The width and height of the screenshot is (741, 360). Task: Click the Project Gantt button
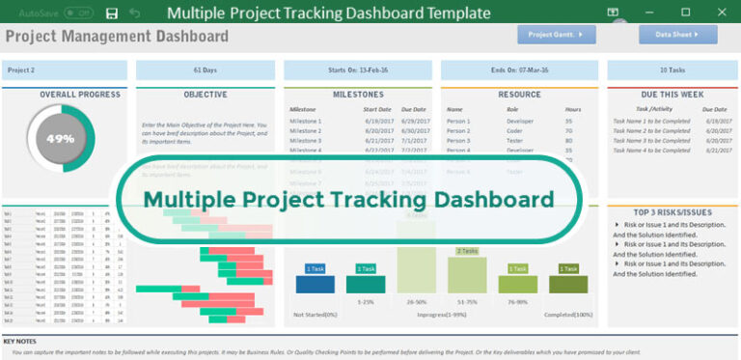556,35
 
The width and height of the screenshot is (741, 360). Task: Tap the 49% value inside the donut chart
61,138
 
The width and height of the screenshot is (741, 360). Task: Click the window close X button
720,13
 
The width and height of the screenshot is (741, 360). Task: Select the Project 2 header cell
65,70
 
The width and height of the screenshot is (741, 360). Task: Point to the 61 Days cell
205,70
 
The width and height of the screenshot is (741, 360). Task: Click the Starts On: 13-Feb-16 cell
358,70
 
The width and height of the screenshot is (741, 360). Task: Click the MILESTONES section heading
358,95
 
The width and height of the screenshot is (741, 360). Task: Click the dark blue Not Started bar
315,284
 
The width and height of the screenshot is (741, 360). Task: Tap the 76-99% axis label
517,301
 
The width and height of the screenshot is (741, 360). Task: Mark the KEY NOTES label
21,342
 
